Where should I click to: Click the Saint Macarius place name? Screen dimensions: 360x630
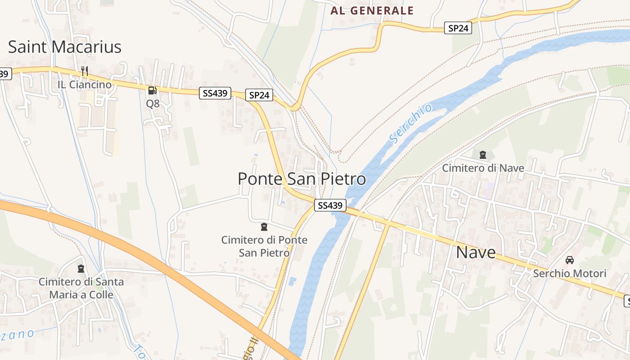[x=65, y=47]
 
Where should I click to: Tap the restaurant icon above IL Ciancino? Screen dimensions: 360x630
[x=84, y=71]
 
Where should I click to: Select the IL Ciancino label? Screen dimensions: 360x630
[x=84, y=85]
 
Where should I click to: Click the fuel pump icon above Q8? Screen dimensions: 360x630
[x=153, y=90]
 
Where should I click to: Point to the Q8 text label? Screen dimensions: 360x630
[x=153, y=103]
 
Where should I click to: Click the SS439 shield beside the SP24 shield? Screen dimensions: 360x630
[x=216, y=93]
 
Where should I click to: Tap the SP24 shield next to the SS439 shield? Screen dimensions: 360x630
[x=260, y=95]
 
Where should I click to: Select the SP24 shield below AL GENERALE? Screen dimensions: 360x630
[x=459, y=28]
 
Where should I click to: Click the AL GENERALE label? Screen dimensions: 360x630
[x=372, y=11]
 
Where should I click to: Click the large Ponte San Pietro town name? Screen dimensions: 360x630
[x=301, y=179]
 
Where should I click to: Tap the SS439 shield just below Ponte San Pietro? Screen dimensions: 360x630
[x=330, y=206]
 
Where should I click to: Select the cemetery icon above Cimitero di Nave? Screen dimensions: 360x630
[x=483, y=155]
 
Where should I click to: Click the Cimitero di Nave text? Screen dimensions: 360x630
[x=483, y=168]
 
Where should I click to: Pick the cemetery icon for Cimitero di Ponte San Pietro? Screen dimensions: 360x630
[x=264, y=227]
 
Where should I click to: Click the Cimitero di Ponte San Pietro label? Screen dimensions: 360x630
[x=264, y=246]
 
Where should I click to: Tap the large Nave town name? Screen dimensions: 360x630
[x=476, y=252]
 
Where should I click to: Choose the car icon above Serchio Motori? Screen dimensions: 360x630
[x=570, y=260]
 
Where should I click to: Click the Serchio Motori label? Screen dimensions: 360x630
[x=570, y=274]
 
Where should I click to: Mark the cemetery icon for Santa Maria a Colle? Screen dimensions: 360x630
[x=81, y=269]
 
